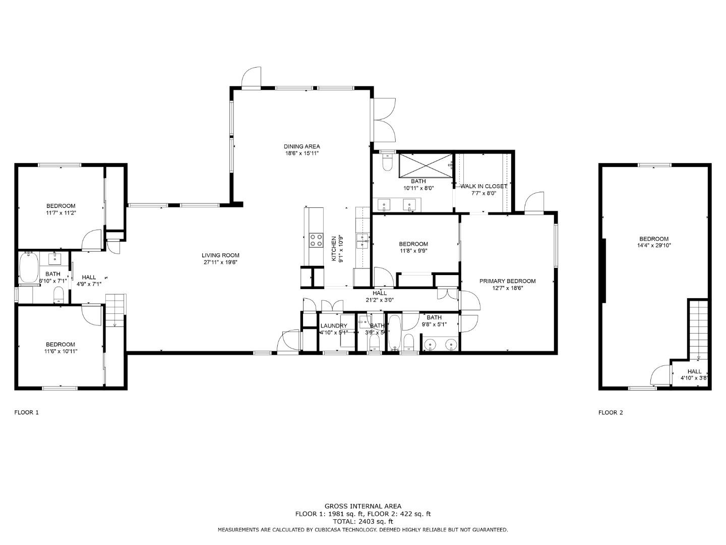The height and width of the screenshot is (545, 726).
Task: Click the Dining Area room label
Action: click(x=301, y=146)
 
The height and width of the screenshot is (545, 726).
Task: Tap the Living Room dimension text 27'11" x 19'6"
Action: click(x=220, y=262)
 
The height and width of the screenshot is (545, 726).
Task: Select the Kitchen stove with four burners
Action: click(x=316, y=240)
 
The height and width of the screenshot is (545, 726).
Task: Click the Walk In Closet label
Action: click(x=483, y=186)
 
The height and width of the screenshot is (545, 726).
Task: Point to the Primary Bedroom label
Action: click(x=507, y=281)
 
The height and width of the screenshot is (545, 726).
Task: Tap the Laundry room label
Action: click(x=333, y=326)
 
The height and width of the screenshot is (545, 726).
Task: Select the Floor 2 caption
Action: click(x=611, y=412)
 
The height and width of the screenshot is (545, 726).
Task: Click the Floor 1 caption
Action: click(x=26, y=412)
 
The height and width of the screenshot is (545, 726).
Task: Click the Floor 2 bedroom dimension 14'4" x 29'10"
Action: click(x=654, y=246)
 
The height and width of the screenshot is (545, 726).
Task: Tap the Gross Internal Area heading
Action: click(x=362, y=506)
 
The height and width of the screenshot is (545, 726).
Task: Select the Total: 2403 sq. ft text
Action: click(x=362, y=522)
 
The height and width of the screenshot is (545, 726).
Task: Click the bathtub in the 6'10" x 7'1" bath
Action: click(x=29, y=268)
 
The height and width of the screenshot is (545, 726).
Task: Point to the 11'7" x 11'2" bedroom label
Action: click(x=61, y=206)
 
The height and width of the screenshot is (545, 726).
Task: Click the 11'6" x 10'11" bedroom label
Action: click(x=60, y=345)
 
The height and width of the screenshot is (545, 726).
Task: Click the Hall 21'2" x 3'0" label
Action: click(x=380, y=293)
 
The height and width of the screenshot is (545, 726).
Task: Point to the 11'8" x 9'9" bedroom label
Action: click(x=413, y=244)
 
